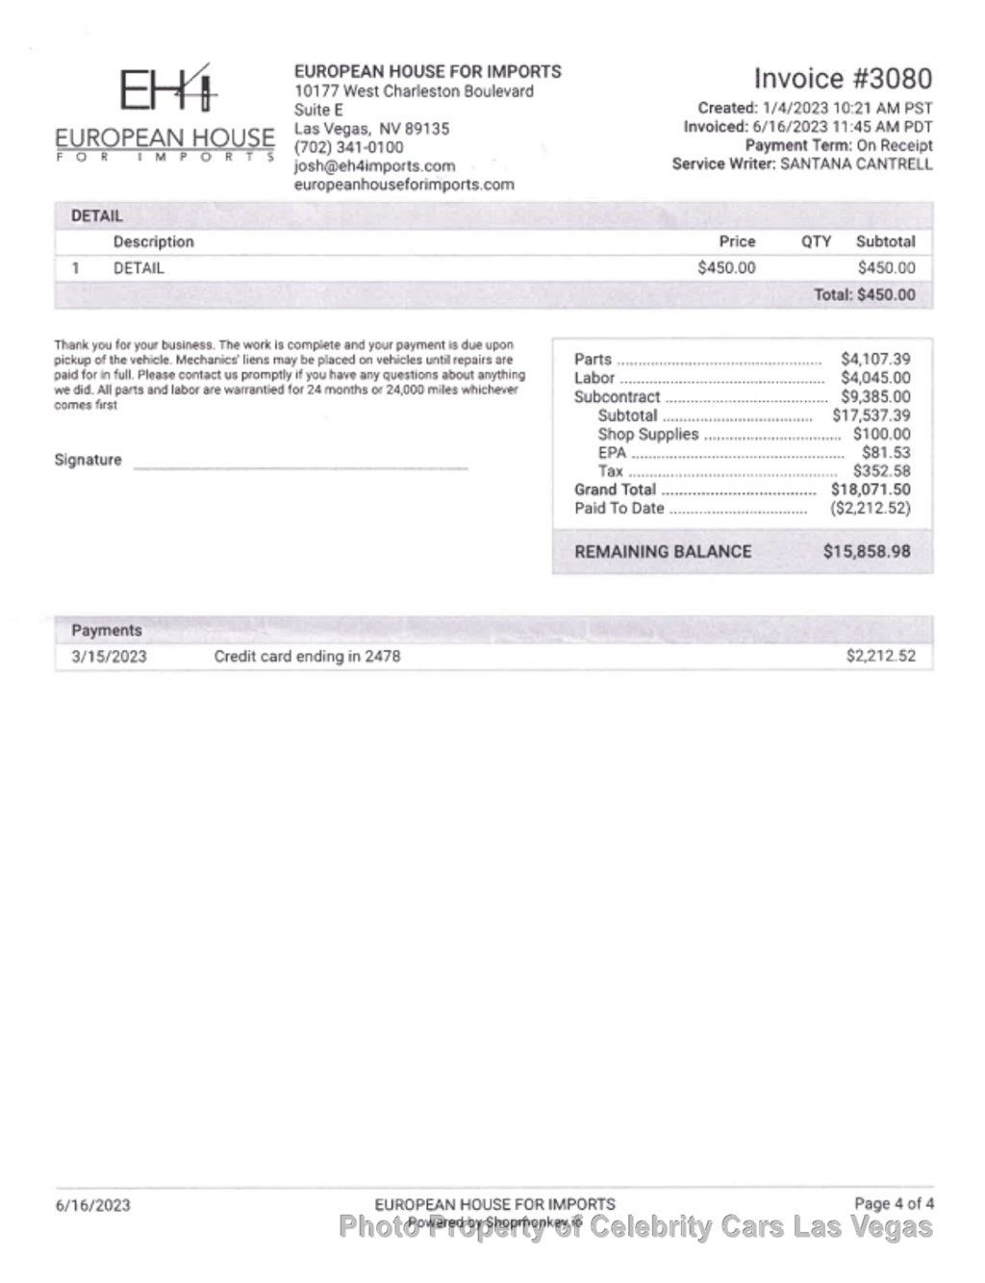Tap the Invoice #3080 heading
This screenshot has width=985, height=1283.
pos(843,79)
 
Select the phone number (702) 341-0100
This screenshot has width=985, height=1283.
pos(348,147)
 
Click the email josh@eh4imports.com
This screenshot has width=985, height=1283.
pos(374,165)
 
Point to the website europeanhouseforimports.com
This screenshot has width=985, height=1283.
pos(404,184)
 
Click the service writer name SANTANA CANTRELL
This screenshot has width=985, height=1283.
pos(856,164)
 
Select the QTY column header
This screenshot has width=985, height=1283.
pos(816,241)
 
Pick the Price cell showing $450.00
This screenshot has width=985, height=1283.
pos(726,268)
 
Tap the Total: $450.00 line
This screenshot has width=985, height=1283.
pos(865,294)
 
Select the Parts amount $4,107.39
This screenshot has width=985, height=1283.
pos(875,359)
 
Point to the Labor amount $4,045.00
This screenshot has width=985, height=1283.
pos(875,378)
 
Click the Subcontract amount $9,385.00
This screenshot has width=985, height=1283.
pos(875,396)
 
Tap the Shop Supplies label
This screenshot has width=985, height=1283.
pos(647,434)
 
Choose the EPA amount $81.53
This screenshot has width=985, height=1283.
pos(885,452)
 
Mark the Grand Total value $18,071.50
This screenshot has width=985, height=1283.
pos(871,490)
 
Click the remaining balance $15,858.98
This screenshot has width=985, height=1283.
pos(866,552)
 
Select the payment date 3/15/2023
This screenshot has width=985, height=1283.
pos(109,657)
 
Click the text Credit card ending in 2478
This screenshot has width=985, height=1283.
pos(307,657)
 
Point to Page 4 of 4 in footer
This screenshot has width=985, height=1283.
pos(894,1203)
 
